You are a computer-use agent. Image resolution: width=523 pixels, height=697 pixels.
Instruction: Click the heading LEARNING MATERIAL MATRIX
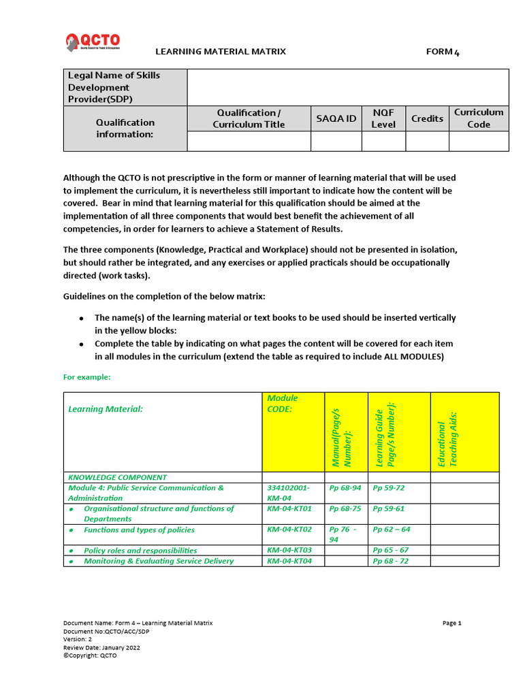221,52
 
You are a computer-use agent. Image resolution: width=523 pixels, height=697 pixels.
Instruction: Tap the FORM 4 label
443,52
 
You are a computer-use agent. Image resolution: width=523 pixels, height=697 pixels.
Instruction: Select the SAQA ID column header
336,118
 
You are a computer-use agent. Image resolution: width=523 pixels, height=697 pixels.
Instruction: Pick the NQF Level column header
383,118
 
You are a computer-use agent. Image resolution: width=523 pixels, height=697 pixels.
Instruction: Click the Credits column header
427,118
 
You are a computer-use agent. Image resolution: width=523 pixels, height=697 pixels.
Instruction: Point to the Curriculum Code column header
478,118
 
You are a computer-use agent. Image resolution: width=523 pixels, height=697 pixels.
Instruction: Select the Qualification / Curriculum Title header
249,118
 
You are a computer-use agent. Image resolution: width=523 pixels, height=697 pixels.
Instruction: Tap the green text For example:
86,376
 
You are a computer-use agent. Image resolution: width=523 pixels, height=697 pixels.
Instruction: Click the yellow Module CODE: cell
282,403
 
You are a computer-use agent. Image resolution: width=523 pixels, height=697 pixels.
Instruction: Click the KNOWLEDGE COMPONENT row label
117,477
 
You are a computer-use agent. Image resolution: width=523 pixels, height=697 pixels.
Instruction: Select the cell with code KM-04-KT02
289,530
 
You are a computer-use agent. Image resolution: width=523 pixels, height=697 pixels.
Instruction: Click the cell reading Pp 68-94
345,488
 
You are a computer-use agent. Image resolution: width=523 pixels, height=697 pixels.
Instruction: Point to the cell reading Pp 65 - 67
390,550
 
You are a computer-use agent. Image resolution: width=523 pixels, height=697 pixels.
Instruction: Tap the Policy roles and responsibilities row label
140,551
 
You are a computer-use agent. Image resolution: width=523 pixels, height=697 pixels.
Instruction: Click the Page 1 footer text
452,623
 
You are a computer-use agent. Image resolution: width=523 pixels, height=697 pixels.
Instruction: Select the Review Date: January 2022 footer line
101,647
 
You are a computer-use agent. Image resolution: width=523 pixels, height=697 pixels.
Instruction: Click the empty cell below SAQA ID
336,141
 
